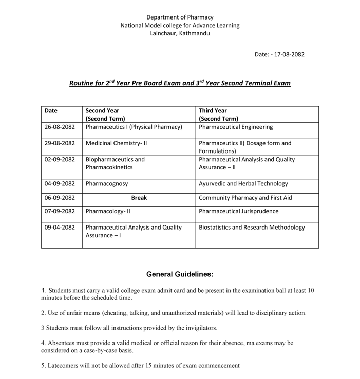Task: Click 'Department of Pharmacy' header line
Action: [x=180, y=17]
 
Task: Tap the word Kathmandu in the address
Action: [x=194, y=33]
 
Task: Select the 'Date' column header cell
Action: [x=51, y=110]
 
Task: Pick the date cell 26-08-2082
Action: [x=60, y=126]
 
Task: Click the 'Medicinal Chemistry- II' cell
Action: [x=116, y=143]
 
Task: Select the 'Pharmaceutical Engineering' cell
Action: [x=236, y=126]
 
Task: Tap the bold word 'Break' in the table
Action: [x=139, y=197]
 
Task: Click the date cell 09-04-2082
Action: [x=60, y=227]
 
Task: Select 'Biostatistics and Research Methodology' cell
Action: [x=251, y=227]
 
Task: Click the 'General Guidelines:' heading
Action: [x=180, y=274]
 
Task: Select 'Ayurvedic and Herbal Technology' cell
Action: [x=243, y=183]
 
